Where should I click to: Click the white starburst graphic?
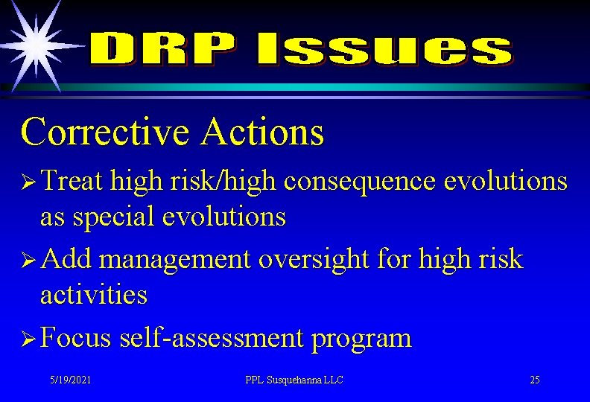coord(34,42)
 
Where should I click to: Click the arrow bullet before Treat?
coord(29,182)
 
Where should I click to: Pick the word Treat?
coord(72,181)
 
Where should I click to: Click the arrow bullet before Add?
coord(29,260)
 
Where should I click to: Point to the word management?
coord(177,260)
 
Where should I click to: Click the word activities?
coord(94,295)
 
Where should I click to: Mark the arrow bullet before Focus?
coord(29,339)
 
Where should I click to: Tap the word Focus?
coord(75,338)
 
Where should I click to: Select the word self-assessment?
coord(212,338)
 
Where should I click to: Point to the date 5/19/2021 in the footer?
coord(71,380)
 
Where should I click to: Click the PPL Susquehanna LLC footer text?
coord(294,380)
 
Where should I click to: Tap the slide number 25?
coord(534,380)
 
